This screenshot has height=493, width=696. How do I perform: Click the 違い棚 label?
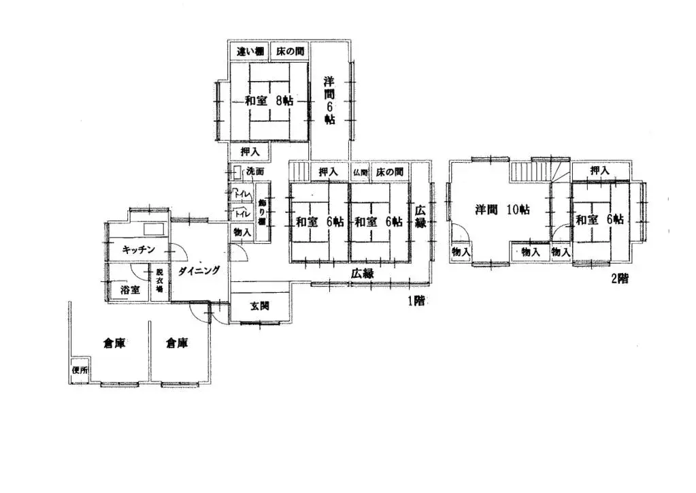[x=250, y=52]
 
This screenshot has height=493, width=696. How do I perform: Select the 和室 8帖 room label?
[x=269, y=101]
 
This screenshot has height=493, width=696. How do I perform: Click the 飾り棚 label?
[x=262, y=212]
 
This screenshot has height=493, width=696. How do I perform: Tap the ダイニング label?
[x=199, y=270]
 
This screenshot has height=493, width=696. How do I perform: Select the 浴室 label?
[x=130, y=289]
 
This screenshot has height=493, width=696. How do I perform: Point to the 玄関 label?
[x=259, y=306]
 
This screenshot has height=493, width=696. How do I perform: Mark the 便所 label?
[x=80, y=370]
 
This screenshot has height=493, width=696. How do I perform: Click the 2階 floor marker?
[x=619, y=279]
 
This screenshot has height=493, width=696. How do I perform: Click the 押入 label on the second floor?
[x=599, y=170]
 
